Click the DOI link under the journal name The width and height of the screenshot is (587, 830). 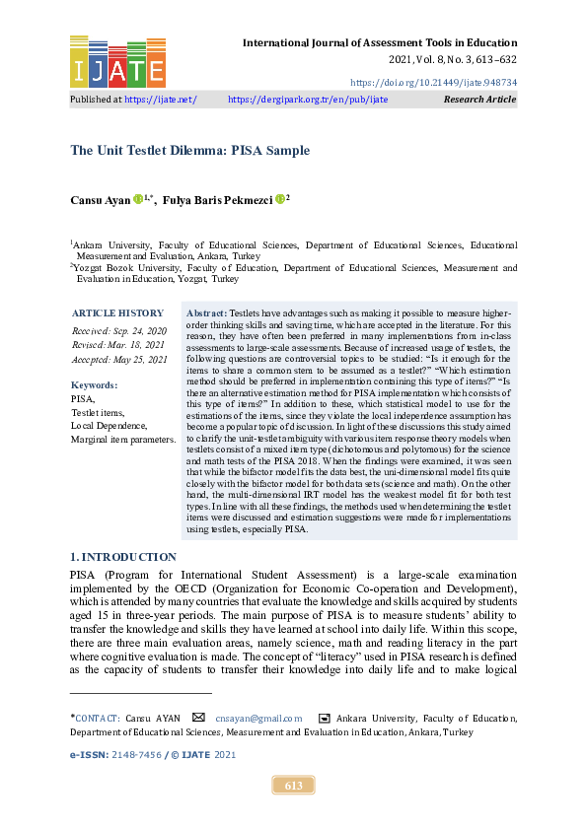(433, 83)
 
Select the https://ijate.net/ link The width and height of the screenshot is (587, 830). (160, 100)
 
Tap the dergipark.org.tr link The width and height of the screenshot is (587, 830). (308, 100)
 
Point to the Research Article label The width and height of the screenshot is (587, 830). (479, 100)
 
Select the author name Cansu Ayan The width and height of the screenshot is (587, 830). (99, 200)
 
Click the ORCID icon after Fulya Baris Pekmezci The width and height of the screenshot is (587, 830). (280, 199)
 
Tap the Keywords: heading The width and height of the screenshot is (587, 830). (95, 385)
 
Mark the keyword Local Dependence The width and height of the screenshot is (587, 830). (109, 426)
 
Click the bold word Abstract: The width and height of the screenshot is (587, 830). (206, 311)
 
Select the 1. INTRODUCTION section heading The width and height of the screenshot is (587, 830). (123, 558)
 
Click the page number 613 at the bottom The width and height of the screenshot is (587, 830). (293, 786)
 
